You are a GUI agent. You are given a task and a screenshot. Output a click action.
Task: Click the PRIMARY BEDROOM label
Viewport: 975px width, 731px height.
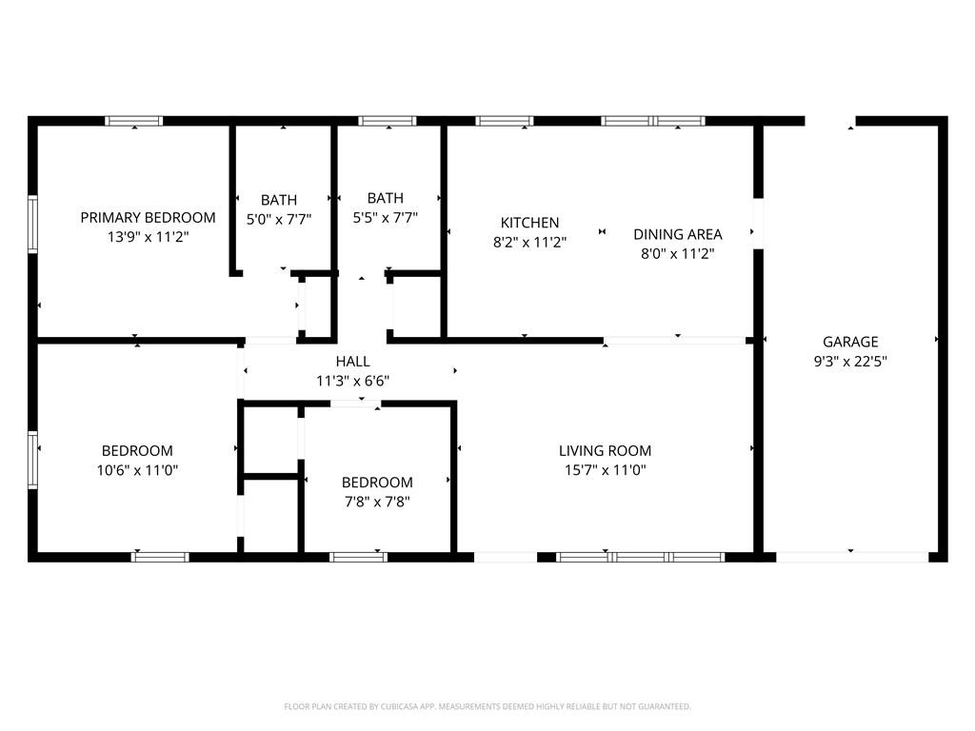pyautogui.click(x=148, y=218)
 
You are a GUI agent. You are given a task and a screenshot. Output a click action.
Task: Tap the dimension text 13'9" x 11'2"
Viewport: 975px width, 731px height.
pyautogui.click(x=148, y=237)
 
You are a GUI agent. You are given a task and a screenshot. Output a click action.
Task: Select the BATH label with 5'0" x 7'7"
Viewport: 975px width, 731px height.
pyautogui.click(x=279, y=200)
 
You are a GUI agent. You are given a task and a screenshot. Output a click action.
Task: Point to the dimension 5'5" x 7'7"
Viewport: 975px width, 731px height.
pyautogui.click(x=386, y=218)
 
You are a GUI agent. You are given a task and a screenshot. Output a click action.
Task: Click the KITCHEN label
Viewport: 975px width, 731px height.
pyautogui.click(x=529, y=223)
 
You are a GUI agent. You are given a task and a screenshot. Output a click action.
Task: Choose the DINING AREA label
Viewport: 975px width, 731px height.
pyautogui.click(x=678, y=234)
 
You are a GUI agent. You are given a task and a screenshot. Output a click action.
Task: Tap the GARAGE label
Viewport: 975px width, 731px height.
pyautogui.click(x=850, y=342)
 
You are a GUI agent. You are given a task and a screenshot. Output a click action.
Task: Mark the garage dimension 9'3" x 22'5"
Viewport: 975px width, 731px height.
pyautogui.click(x=850, y=361)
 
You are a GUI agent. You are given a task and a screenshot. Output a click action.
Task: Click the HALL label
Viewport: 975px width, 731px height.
pyautogui.click(x=352, y=362)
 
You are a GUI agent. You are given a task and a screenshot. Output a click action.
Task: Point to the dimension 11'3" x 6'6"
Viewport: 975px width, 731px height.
pyautogui.click(x=352, y=381)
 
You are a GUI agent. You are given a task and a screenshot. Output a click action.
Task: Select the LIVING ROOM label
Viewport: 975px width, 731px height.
pyautogui.click(x=605, y=450)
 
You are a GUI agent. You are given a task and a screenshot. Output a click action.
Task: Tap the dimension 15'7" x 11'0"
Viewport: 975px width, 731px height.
pyautogui.click(x=605, y=470)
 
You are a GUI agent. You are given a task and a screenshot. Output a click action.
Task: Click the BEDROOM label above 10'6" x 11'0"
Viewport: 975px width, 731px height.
pyautogui.click(x=137, y=450)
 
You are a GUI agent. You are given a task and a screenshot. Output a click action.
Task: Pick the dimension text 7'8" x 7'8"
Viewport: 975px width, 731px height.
pyautogui.click(x=377, y=502)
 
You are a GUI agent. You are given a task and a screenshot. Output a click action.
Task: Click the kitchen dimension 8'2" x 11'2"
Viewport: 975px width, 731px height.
pyautogui.click(x=529, y=242)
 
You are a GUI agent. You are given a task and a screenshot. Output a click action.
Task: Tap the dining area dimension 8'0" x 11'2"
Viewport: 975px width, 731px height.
pyautogui.click(x=678, y=253)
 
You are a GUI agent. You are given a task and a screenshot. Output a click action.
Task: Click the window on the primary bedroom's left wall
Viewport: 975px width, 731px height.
pyautogui.click(x=32, y=225)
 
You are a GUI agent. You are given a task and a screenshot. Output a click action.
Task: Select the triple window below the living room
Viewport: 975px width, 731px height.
pyautogui.click(x=641, y=557)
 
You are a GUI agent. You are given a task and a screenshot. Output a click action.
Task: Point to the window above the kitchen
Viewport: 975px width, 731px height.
pyautogui.click(x=505, y=121)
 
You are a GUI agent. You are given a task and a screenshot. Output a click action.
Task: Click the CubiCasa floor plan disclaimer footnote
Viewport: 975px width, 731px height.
pyautogui.click(x=487, y=707)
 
